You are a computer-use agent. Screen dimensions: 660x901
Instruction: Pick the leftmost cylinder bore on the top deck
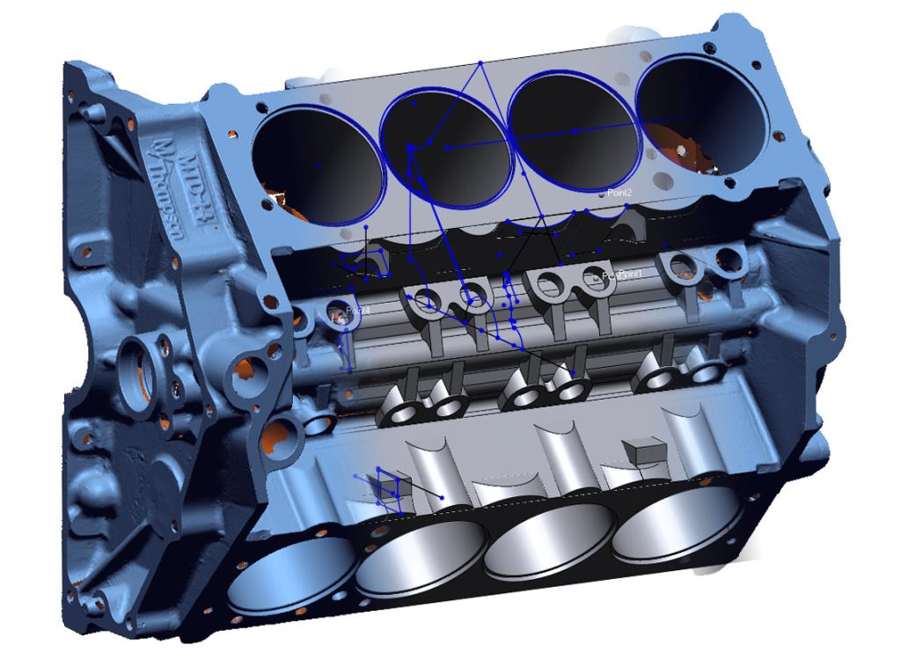318,165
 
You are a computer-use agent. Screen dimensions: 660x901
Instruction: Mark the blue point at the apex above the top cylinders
480,62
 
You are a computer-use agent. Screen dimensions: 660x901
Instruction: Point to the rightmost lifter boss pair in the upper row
704,263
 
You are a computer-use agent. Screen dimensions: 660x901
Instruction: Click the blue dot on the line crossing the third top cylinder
575,131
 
